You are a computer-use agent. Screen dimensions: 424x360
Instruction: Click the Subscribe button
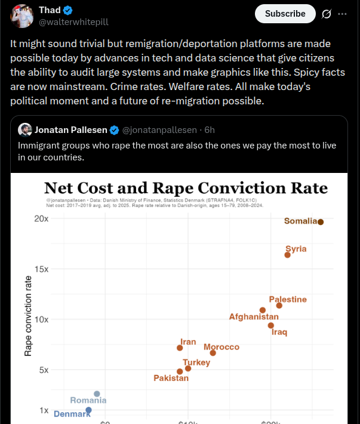click(285, 13)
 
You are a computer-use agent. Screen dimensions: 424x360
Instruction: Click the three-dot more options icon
click(342, 14)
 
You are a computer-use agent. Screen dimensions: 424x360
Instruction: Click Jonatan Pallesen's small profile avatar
click(25, 129)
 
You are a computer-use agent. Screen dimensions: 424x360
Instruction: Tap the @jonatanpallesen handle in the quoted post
click(159, 130)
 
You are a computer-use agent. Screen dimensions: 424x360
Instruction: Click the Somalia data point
click(321, 222)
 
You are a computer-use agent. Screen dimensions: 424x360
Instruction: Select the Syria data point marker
click(288, 255)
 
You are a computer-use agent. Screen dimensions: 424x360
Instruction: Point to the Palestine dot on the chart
click(279, 305)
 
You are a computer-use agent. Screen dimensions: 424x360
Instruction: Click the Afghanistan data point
click(263, 310)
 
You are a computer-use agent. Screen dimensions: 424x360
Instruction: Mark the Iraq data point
click(271, 326)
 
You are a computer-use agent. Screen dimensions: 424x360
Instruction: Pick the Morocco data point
click(213, 353)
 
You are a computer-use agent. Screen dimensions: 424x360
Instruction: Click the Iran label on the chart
click(188, 342)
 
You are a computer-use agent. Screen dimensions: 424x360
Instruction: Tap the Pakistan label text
click(171, 378)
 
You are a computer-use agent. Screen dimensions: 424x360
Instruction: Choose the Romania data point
click(97, 394)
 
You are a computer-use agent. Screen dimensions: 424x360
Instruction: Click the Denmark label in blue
click(72, 414)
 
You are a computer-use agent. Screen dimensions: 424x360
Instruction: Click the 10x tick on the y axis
click(41, 319)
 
